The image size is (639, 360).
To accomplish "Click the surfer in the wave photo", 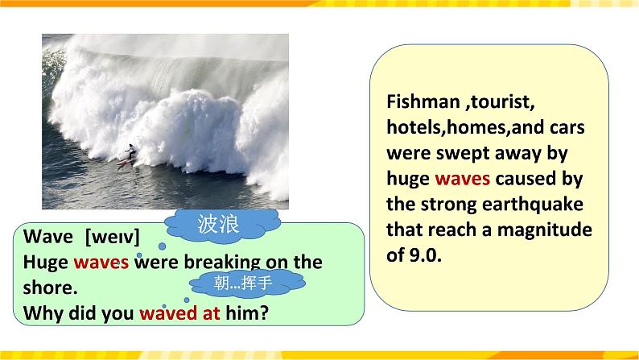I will (x=129, y=155).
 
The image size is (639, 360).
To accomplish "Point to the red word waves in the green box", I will (x=101, y=263).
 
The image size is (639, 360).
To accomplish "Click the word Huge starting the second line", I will (x=45, y=263).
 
